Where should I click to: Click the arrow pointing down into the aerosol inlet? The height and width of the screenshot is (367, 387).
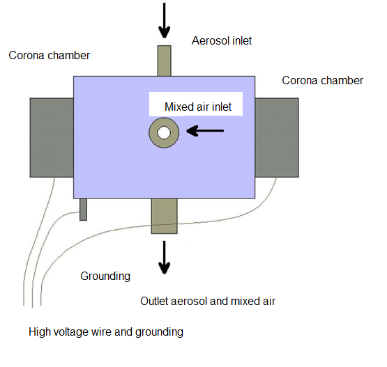point(164,20)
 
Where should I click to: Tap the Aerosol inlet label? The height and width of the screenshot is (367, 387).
point(222,40)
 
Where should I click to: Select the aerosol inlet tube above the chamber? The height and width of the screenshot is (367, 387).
point(164,61)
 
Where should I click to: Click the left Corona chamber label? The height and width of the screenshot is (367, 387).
point(49,56)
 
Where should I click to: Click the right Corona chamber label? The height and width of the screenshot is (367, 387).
point(323,81)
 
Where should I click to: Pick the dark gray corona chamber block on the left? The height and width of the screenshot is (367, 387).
point(52,137)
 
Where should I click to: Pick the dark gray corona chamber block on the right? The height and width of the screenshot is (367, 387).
point(277,137)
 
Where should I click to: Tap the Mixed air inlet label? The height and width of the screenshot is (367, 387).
point(198,107)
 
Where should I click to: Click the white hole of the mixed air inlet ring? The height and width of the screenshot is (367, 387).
point(164,133)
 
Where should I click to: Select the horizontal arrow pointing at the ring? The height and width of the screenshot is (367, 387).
point(205,131)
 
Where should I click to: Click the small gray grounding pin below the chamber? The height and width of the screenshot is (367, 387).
point(83,210)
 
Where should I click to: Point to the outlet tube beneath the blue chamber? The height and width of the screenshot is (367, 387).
point(164,216)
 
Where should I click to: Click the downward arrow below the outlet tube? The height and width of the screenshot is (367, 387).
point(164,258)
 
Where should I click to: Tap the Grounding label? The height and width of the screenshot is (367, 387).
point(105,276)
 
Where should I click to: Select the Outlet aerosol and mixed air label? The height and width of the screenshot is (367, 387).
point(208,302)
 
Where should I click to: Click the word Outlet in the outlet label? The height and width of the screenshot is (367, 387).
point(154,302)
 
